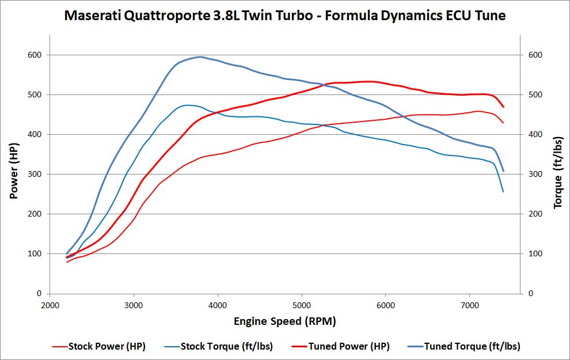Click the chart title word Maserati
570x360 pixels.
95,16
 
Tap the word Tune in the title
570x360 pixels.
491,16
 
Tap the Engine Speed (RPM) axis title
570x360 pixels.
285,321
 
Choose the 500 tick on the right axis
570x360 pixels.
536,95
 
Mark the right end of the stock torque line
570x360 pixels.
503,192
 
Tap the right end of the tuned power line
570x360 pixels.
504,107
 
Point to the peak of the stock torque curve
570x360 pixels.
188,105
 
